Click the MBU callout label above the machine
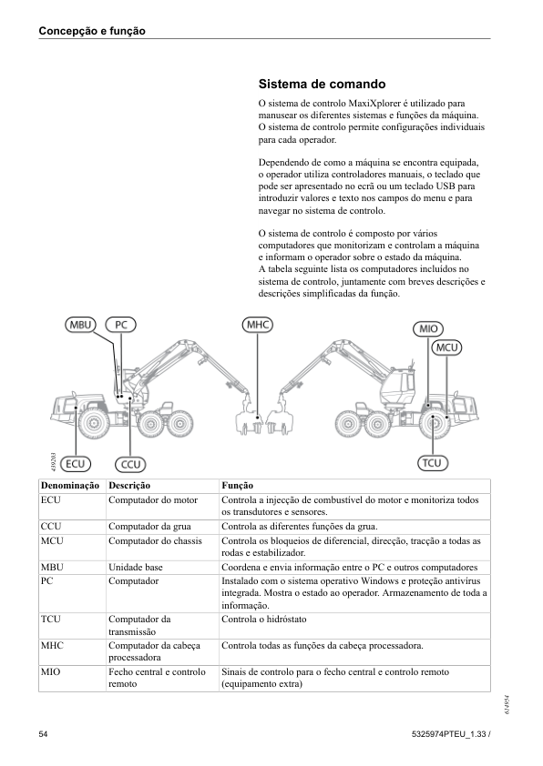(81, 325)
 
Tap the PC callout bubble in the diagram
(121, 325)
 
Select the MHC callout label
(257, 325)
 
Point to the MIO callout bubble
(428, 328)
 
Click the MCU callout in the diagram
(446, 348)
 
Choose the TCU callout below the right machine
(433, 463)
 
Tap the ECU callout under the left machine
(76, 464)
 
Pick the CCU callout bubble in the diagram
(130, 464)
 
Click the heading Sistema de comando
(322, 84)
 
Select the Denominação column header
(70, 486)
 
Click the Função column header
(237, 486)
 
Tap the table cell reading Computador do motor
(153, 500)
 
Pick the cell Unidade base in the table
(136, 567)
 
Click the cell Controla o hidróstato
(264, 620)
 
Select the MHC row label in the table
(52, 646)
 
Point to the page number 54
(43, 734)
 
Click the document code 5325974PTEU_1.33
(446, 734)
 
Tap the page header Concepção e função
(92, 31)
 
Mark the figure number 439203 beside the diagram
(54, 462)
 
